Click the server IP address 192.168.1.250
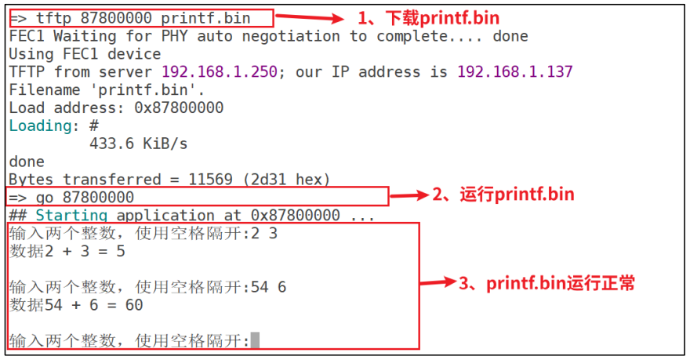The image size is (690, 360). coord(220,72)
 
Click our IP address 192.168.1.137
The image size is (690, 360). coord(515,72)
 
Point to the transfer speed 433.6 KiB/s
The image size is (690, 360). coord(139,144)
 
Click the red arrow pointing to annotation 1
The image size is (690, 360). coord(309,17)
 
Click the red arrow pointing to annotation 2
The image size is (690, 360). coord(409,195)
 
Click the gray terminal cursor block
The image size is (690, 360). coord(255,340)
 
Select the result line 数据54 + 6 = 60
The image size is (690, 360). coord(77,305)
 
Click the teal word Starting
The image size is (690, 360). coord(71,215)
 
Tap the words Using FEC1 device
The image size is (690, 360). coord(85,54)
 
